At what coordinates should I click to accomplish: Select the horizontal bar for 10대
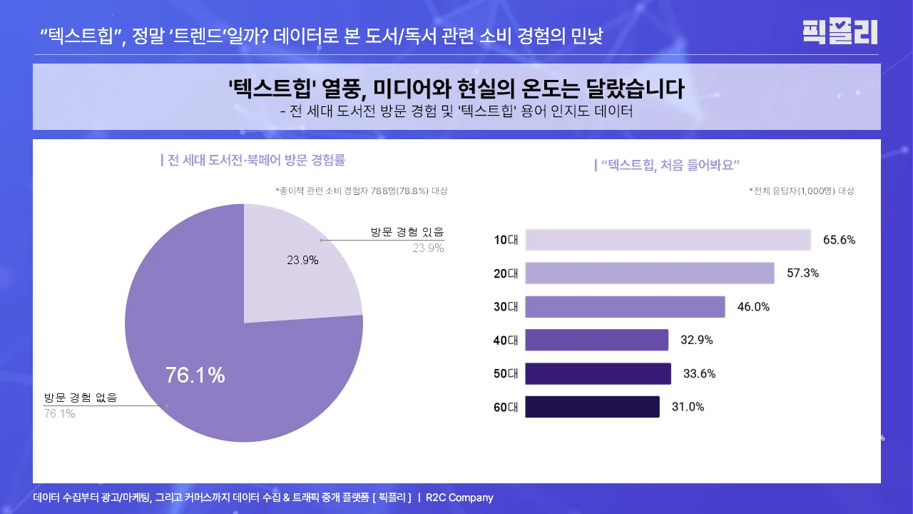pos(668,240)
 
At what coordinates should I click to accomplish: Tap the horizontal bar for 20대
pos(649,273)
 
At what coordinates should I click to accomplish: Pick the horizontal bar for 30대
pos(625,306)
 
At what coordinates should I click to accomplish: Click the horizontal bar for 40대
pos(596,340)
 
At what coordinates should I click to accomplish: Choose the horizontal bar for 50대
pos(598,373)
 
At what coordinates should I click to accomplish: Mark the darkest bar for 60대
pos(592,407)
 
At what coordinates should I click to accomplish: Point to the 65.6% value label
pos(839,240)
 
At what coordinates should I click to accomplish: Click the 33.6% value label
pos(699,373)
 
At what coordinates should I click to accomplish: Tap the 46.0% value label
pos(753,306)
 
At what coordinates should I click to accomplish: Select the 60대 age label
pos(506,408)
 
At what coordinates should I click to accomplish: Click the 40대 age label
pos(506,341)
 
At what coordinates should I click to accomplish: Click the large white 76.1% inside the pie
pos(195,375)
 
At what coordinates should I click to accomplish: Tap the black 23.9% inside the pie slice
pos(302,260)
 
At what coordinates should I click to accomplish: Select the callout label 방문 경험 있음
pos(407,232)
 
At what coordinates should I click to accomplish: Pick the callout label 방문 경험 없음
pos(81,398)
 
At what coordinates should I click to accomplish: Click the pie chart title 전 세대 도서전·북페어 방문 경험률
pos(255,160)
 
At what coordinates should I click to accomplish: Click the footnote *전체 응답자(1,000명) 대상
pos(801,191)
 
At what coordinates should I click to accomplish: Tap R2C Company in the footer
pos(459,498)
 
